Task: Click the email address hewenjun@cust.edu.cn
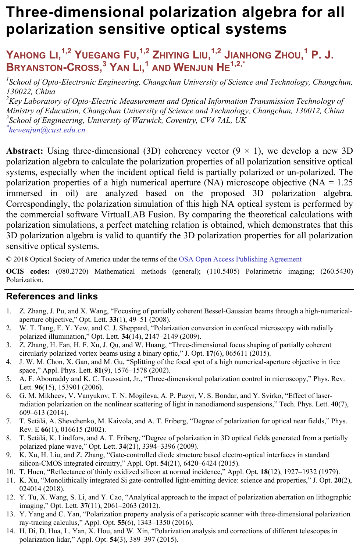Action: click(47, 130)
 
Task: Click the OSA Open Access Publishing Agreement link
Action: click(240, 259)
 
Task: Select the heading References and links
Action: click(52, 296)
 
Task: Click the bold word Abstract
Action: click(25, 151)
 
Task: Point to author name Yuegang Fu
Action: click(106, 55)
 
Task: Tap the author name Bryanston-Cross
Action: click(53, 68)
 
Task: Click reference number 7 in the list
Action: click(9, 421)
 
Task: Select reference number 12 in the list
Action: click(10, 497)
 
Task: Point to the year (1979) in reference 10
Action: click(328, 472)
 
